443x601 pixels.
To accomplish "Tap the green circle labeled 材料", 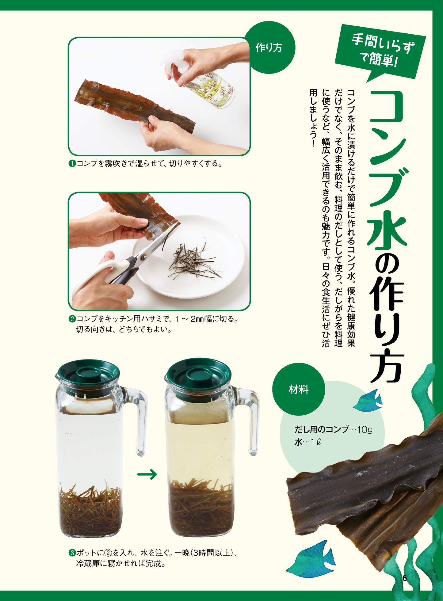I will point(298,390).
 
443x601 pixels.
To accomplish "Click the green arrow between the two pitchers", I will point(147,475).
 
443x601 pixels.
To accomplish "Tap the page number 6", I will point(404,578).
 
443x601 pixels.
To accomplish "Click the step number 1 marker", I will point(72,164).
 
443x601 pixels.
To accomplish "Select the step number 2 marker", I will point(72,319).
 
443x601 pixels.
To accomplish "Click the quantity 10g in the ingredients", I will point(365,429).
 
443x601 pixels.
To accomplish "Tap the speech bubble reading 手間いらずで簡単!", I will point(380,51).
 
